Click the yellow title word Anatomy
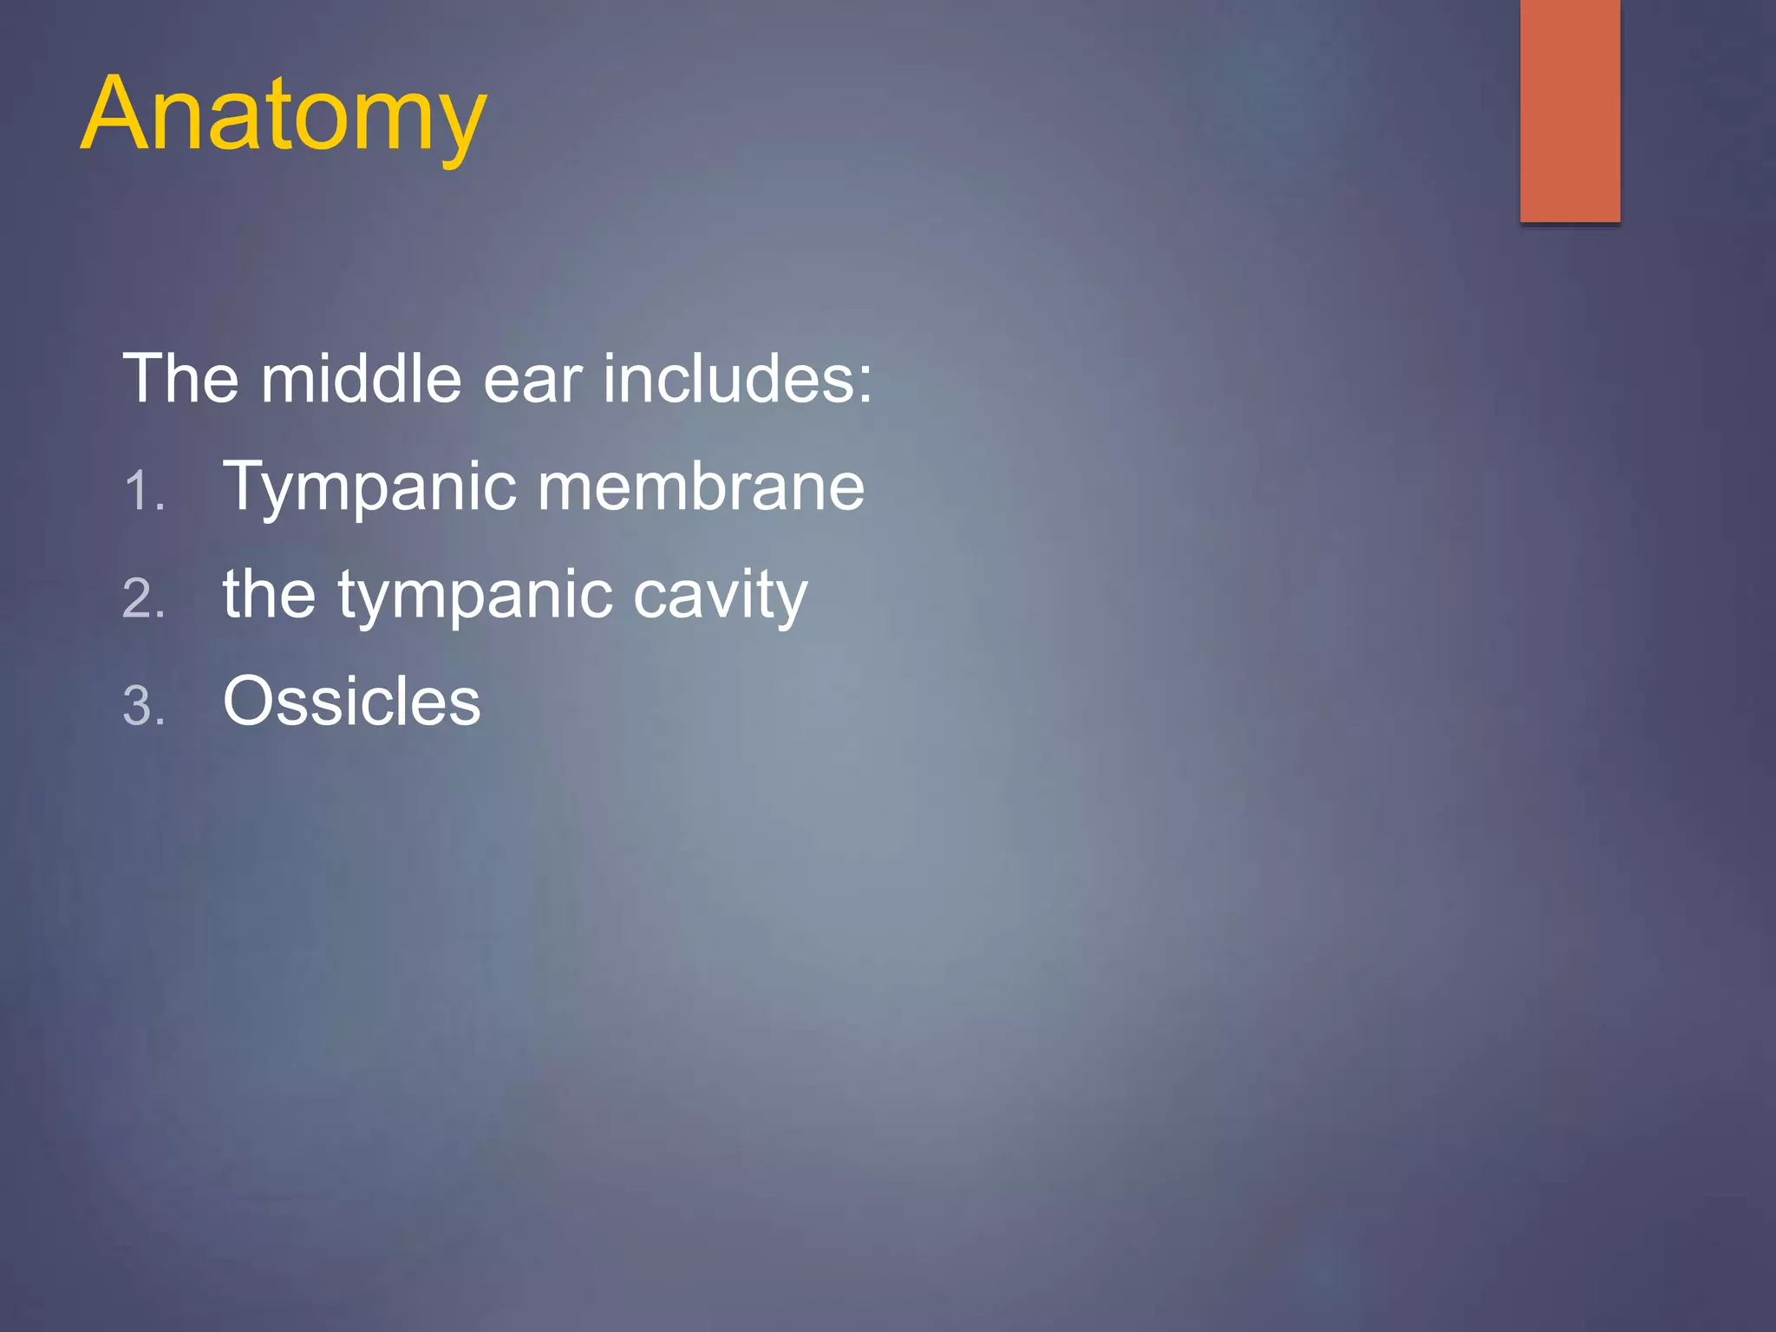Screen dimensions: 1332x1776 tap(284, 115)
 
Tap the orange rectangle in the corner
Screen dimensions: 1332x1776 tap(1570, 111)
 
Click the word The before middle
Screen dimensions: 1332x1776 tap(180, 379)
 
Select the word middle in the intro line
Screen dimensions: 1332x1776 tap(361, 379)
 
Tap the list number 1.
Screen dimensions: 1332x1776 tap(142, 492)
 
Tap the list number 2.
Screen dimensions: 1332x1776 tap(143, 599)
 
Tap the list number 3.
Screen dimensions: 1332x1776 tap(143, 706)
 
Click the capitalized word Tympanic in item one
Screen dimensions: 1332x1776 tap(369, 488)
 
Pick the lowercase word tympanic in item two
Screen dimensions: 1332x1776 tap(476, 597)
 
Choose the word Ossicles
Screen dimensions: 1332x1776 tap(351, 702)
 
